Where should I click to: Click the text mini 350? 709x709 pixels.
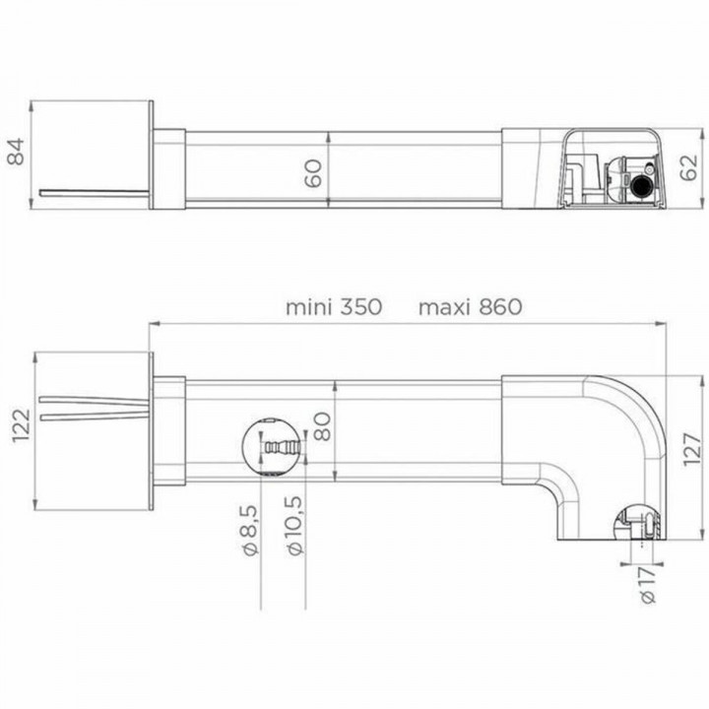coord(333,306)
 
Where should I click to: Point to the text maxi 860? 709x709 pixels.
coord(470,306)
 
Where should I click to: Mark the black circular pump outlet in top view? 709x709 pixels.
coord(642,183)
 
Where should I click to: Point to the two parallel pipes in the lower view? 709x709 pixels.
coord(94,408)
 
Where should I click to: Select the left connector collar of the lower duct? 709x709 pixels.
coord(168,431)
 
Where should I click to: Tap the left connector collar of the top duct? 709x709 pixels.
coord(168,168)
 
